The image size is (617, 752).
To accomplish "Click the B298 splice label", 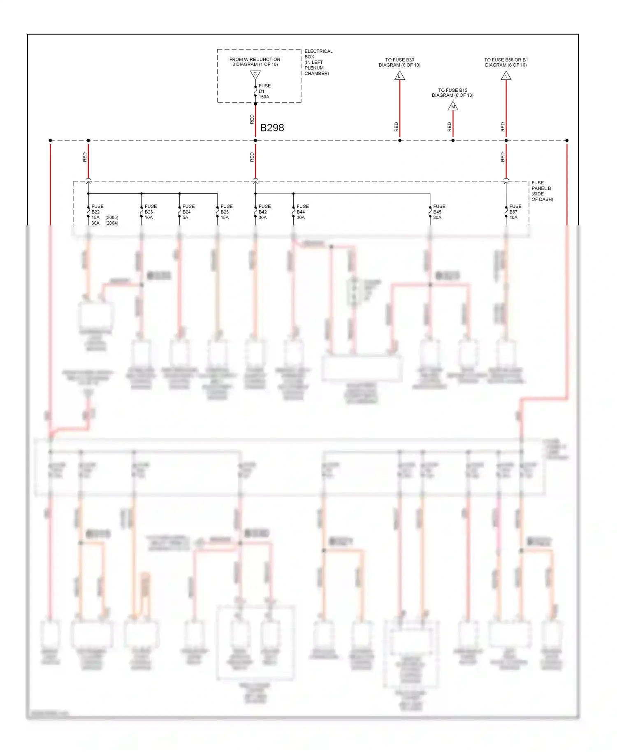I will click(x=272, y=128).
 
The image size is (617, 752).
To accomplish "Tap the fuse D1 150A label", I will click(x=264, y=91).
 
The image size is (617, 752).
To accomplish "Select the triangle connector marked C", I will click(x=255, y=74).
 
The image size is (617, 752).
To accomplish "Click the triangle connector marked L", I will click(x=399, y=76).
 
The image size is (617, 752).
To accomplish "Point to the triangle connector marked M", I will click(x=453, y=107).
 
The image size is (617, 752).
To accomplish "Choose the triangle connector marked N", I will click(x=506, y=76).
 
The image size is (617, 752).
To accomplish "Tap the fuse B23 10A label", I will click(x=151, y=212).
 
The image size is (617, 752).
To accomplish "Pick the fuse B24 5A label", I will click(x=188, y=212).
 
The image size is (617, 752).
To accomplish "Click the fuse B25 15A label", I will click(x=226, y=212).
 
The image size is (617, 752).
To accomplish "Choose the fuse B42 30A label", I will click(x=264, y=212).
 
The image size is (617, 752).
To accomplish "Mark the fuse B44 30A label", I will click(x=302, y=212).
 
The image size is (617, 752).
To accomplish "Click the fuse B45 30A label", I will click(x=439, y=212).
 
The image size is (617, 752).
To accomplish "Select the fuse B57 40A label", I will click(x=515, y=212).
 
